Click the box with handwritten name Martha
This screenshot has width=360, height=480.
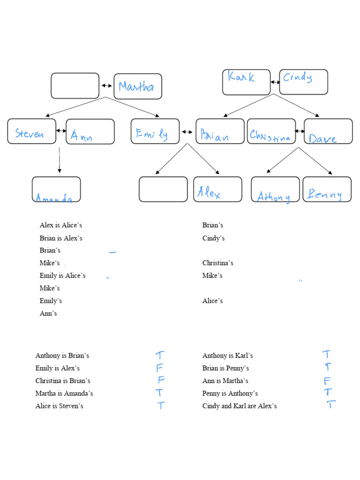point(138,86)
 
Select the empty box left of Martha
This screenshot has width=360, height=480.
point(75,86)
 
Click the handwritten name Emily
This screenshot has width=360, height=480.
point(152,134)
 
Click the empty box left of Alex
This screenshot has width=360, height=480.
point(163,189)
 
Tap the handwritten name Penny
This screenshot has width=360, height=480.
point(324,195)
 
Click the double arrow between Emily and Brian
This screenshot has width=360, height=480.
point(187,132)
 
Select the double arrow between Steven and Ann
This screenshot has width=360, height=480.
point(61,131)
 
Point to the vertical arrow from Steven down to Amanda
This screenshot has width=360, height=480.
point(59,160)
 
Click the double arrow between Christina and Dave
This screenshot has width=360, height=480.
point(300,131)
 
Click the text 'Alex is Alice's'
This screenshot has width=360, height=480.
point(61,225)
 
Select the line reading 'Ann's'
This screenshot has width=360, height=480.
point(48,314)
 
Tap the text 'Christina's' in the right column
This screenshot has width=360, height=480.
point(217,263)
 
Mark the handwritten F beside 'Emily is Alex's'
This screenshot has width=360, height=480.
point(159,368)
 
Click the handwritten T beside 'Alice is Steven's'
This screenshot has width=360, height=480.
point(161,405)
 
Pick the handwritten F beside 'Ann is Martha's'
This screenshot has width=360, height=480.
point(327,381)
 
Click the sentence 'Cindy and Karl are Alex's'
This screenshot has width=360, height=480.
point(240,406)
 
